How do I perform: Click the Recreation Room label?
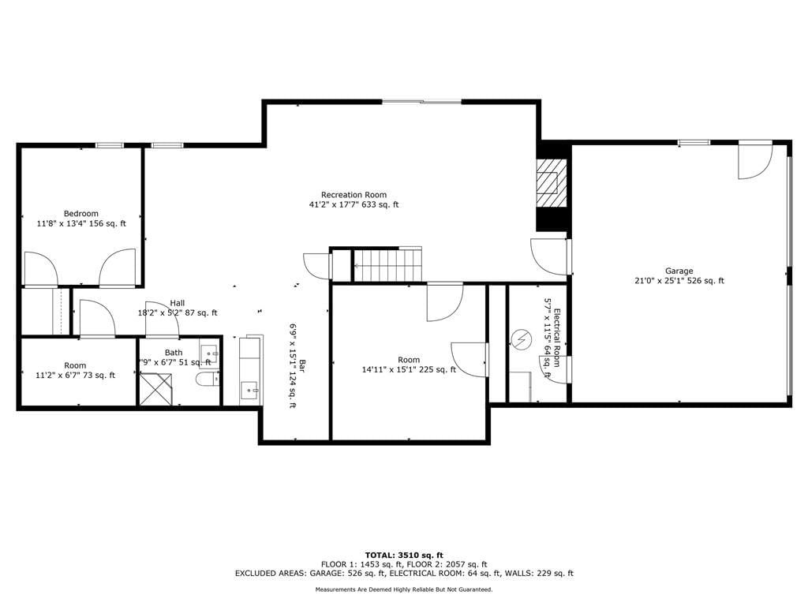click(x=353, y=195)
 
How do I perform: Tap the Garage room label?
click(x=679, y=271)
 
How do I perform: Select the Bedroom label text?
click(x=81, y=213)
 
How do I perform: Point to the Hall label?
click(x=178, y=303)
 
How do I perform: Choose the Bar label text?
click(x=303, y=365)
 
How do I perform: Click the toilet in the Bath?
click(x=208, y=380)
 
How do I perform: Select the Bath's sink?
click(x=209, y=353)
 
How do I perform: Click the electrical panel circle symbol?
click(x=522, y=339)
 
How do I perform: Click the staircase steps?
click(x=387, y=265)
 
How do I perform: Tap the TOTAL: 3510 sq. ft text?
click(x=404, y=555)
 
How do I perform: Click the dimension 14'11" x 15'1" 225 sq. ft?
click(x=409, y=369)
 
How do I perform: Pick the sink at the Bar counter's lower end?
click(x=251, y=393)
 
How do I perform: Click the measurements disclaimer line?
click(x=404, y=589)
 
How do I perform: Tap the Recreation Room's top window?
click(x=421, y=102)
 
